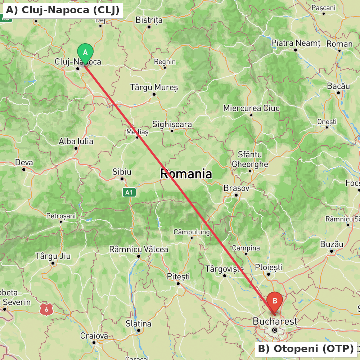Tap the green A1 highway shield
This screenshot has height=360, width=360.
coord(129,193)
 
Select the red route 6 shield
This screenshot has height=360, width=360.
coord(47,309)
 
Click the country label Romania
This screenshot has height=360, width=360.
coord(186,174)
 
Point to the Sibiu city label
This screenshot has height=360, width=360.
coord(122,172)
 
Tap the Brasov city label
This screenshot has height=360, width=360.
coord(236,188)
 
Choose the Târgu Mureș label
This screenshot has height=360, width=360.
coord(154,87)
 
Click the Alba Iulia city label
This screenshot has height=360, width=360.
coord(76,141)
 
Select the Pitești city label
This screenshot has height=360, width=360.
coord(178,276)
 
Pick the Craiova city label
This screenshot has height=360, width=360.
coord(94,336)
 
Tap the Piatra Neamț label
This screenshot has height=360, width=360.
coord(296,43)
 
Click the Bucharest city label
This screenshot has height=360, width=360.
coord(275,321)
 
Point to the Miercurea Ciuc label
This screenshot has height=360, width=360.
coord(251,108)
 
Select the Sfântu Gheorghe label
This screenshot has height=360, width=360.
coord(250,159)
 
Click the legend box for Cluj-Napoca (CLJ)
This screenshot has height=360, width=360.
coord(62,10)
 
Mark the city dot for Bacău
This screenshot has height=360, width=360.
coord(338,93)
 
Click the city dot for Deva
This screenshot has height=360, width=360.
coord(24,170)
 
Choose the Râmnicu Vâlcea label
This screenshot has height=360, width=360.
coord(139,249)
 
